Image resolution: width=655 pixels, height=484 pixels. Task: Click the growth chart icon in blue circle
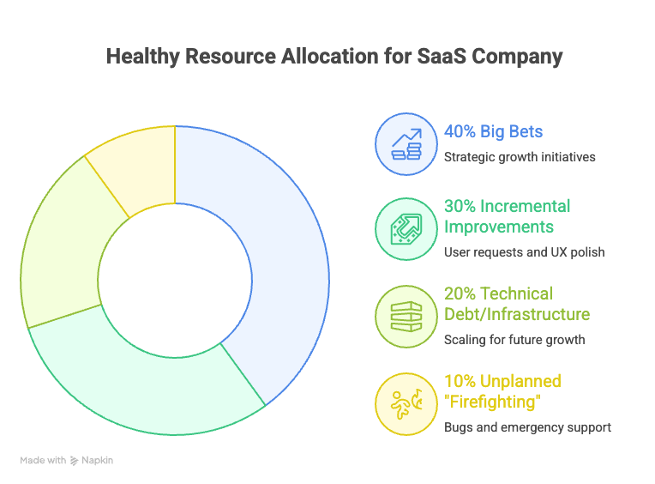coord(406,143)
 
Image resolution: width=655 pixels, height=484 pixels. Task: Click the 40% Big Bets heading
coord(493,132)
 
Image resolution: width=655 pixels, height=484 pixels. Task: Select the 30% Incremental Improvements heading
coord(507,217)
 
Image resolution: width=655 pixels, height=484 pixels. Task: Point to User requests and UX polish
coord(525,252)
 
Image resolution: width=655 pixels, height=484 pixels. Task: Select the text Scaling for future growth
coord(514,340)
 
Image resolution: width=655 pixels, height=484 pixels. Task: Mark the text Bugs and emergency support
coord(527,427)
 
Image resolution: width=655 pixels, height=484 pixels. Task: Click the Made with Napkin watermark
coord(67,461)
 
